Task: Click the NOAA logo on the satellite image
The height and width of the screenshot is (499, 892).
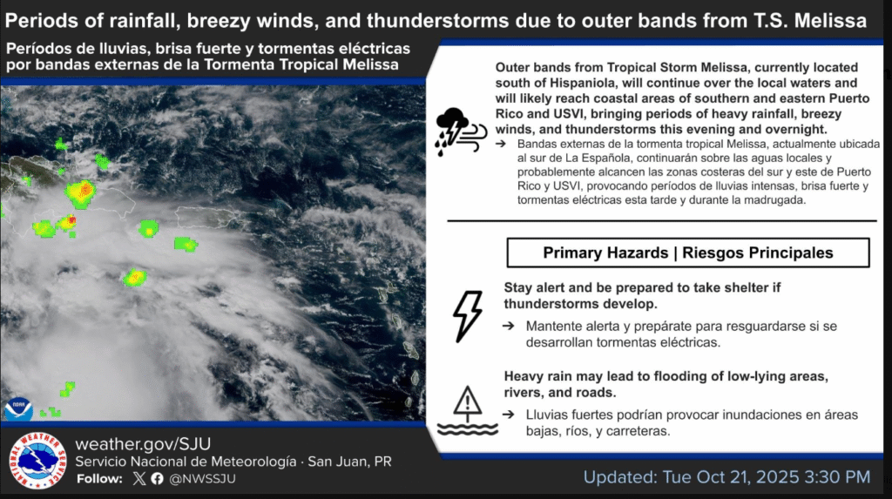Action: pyautogui.click(x=19, y=408)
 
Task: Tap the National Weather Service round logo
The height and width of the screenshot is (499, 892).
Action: pyautogui.click(x=37, y=461)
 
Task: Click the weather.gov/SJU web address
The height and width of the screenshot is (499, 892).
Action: pyautogui.click(x=143, y=444)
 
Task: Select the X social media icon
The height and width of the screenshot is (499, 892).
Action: pyautogui.click(x=139, y=478)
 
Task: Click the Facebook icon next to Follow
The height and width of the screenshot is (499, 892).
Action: pyautogui.click(x=157, y=478)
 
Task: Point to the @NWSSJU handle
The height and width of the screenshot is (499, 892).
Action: pyautogui.click(x=202, y=478)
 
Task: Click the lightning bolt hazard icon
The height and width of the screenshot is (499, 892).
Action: pyautogui.click(x=468, y=316)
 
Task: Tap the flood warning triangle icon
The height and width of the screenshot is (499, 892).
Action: pyautogui.click(x=468, y=410)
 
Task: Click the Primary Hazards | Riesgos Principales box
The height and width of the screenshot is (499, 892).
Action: pyautogui.click(x=688, y=253)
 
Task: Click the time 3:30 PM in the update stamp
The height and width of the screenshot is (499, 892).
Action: pyautogui.click(x=837, y=477)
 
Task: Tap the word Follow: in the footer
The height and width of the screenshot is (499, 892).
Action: pyautogui.click(x=99, y=478)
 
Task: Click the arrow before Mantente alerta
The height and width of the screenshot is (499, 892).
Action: pyautogui.click(x=508, y=326)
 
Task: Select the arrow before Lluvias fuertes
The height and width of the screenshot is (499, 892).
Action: pyautogui.click(x=508, y=415)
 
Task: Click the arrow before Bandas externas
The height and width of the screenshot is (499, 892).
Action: pyautogui.click(x=501, y=144)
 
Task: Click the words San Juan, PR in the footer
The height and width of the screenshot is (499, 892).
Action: pyautogui.click(x=349, y=462)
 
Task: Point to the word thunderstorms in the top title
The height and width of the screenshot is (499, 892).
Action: pyautogui.click(x=437, y=21)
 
